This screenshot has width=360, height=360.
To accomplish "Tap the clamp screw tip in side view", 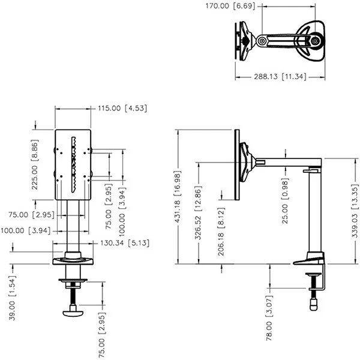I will coord(313,303).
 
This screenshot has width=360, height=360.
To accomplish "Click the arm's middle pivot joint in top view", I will coord(262,41).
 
